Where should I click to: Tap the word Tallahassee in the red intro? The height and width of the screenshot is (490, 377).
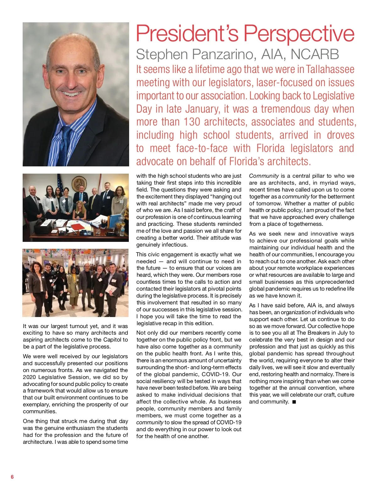pyautogui.click(x=330, y=70)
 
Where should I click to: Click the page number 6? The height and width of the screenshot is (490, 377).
pyautogui.click(x=12, y=477)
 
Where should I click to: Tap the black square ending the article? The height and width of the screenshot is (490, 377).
pyautogui.click(x=294, y=402)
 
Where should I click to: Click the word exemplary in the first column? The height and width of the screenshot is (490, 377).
pyautogui.click(x=36, y=404)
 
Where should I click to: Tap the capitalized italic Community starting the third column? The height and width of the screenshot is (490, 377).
pyautogui.click(x=264, y=176)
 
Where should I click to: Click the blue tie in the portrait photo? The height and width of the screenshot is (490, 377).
pyautogui.click(x=65, y=145)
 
